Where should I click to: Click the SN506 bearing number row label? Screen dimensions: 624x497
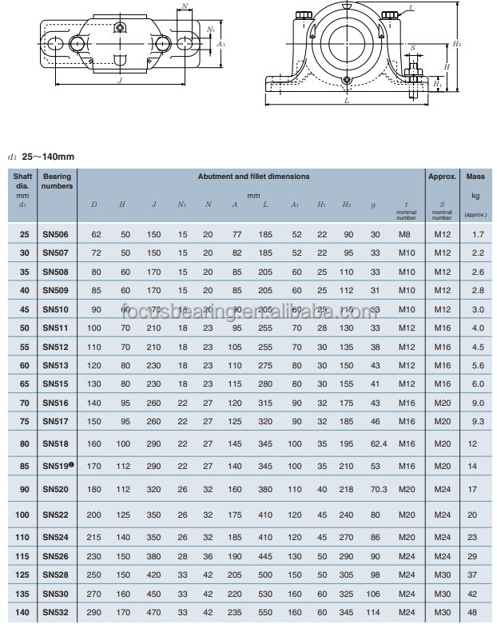click(55, 235)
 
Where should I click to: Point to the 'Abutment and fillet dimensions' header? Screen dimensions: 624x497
click(254, 177)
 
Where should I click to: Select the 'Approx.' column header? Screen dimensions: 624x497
click(442, 177)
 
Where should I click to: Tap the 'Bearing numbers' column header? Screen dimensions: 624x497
click(58, 181)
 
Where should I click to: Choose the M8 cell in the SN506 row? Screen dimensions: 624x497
click(407, 235)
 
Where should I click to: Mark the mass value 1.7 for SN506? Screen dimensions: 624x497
click(478, 235)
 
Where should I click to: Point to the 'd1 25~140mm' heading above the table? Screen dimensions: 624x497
click(41, 157)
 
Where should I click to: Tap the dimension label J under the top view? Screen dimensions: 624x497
click(118, 80)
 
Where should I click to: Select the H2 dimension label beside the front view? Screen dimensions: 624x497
click(456, 45)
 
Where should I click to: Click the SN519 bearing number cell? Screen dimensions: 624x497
click(57, 464)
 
